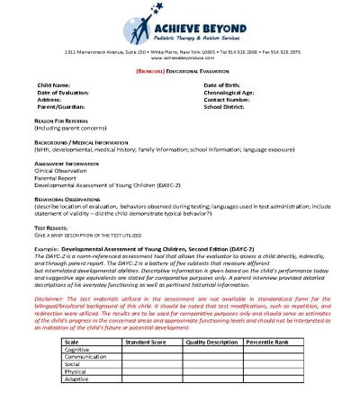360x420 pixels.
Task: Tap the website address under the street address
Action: coord(180,58)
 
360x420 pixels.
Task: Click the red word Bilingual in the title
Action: coord(150,68)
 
